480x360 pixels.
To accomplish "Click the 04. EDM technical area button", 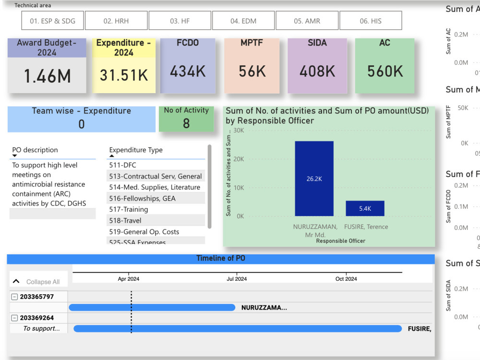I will click(x=243, y=21).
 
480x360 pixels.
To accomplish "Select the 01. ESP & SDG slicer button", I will click(x=52, y=21).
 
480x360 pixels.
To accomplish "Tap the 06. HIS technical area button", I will click(x=371, y=21).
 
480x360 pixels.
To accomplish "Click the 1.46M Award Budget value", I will click(x=47, y=76).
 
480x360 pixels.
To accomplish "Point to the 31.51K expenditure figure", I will click(x=123, y=75).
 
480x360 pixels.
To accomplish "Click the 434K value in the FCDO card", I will click(x=188, y=72).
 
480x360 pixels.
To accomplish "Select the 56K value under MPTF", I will click(x=252, y=72).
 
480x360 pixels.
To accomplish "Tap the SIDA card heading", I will click(x=317, y=43).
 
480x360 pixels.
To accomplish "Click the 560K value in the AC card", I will click(x=385, y=72).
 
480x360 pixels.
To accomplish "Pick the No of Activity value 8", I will click(x=186, y=123).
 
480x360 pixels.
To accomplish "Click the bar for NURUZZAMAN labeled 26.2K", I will click(x=314, y=179).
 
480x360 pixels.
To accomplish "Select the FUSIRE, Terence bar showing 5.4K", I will click(x=365, y=208).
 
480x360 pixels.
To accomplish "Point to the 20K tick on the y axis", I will click(x=239, y=159).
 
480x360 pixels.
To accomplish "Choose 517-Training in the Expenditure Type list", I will click(x=129, y=209).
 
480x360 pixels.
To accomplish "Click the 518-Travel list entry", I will click(x=125, y=220).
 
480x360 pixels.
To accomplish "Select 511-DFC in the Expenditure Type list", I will click(x=123, y=165).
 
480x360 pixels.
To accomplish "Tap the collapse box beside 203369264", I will click(x=14, y=318).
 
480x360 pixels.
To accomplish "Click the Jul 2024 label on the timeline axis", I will click(x=237, y=279).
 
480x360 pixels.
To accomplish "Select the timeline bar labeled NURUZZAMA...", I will click(x=152, y=307).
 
